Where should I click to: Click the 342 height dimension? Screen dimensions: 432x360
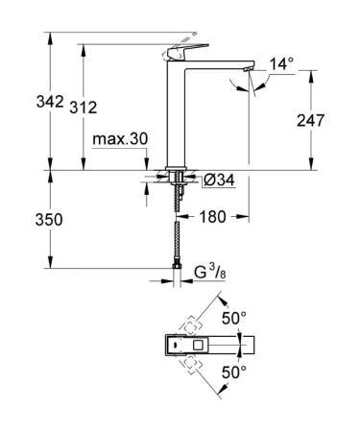(21, 101)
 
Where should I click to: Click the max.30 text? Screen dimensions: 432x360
(120, 140)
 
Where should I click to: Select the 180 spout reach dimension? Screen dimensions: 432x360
(213, 217)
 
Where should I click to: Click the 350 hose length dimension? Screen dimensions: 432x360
(21, 220)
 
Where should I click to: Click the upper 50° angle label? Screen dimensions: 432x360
(235, 316)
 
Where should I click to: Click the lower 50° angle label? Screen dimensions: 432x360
(235, 370)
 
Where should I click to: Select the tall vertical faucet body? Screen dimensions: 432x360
(178, 115)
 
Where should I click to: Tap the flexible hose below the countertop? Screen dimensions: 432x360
(177, 226)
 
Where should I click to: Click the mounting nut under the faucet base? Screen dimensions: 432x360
(177, 179)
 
